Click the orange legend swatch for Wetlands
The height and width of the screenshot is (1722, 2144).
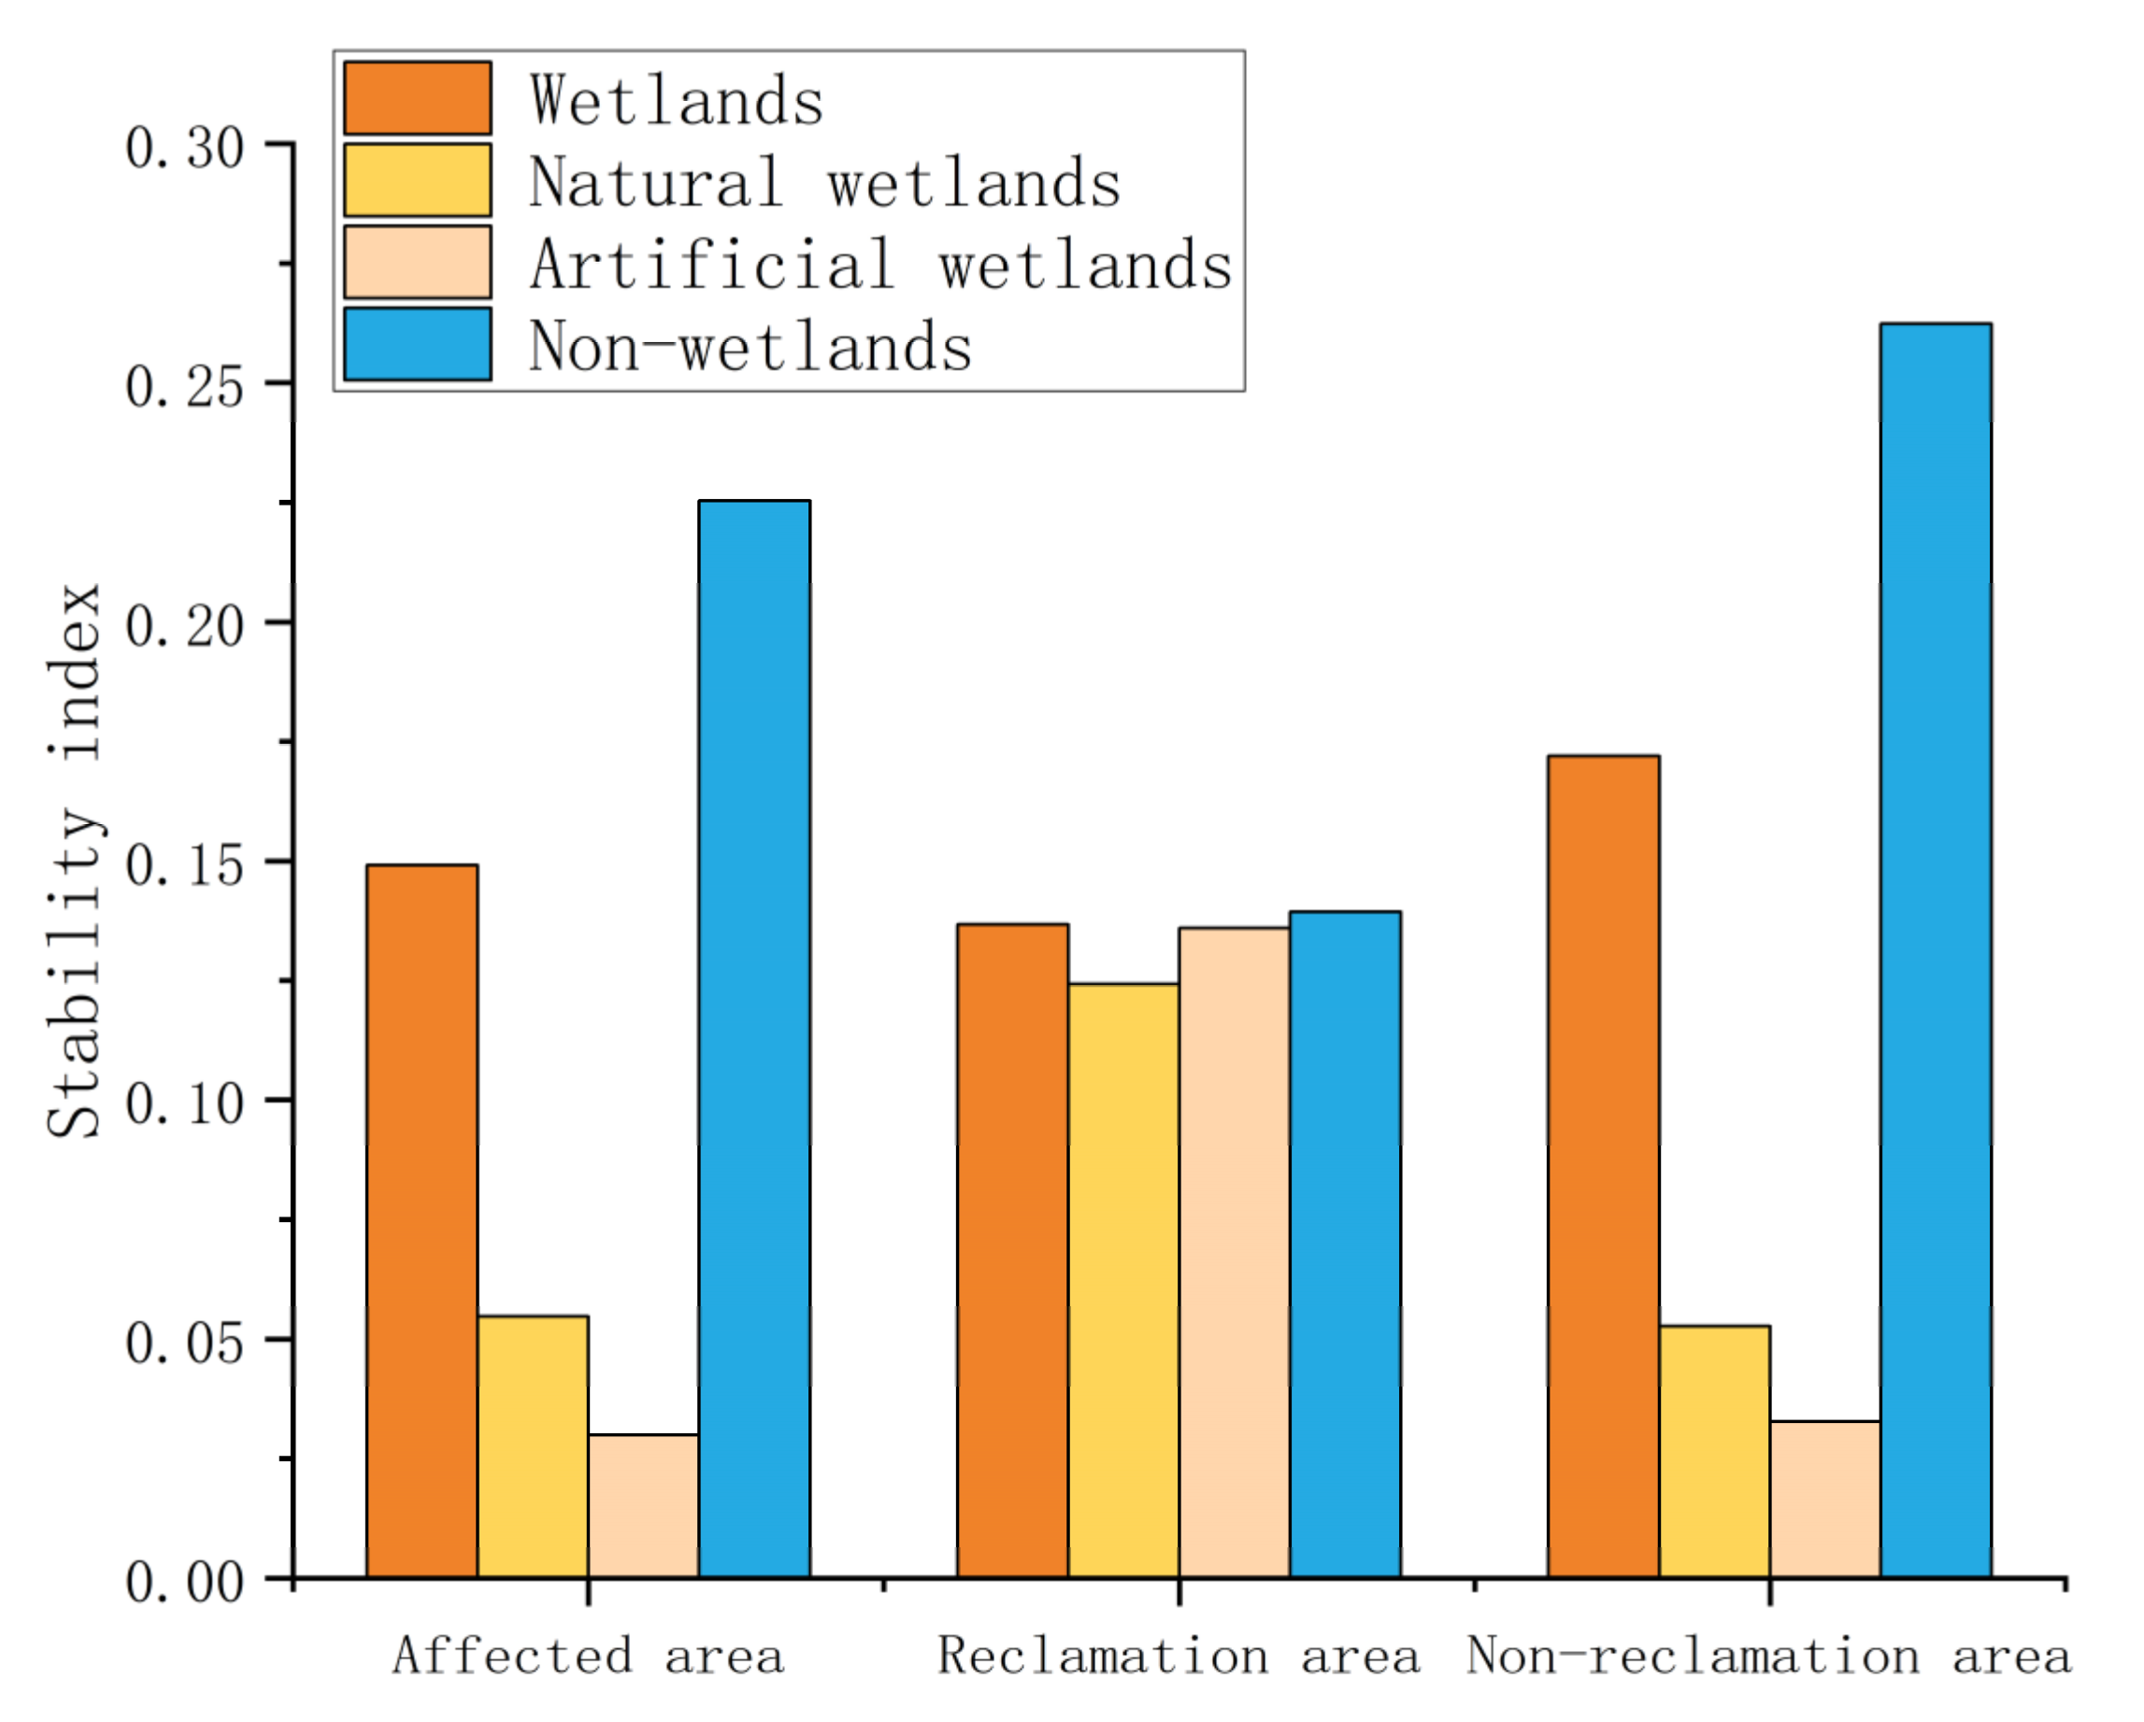[x=417, y=98]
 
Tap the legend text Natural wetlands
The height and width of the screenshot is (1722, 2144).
[x=824, y=183]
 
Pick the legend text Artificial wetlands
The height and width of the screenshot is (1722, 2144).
[x=880, y=265]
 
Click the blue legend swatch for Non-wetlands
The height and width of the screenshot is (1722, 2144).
[x=417, y=344]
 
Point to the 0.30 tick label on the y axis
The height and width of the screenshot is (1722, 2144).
[x=184, y=149]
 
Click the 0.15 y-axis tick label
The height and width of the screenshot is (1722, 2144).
[x=184, y=866]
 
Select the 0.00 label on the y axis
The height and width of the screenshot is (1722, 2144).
[x=184, y=1583]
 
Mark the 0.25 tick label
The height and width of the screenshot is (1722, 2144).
[x=184, y=388]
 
